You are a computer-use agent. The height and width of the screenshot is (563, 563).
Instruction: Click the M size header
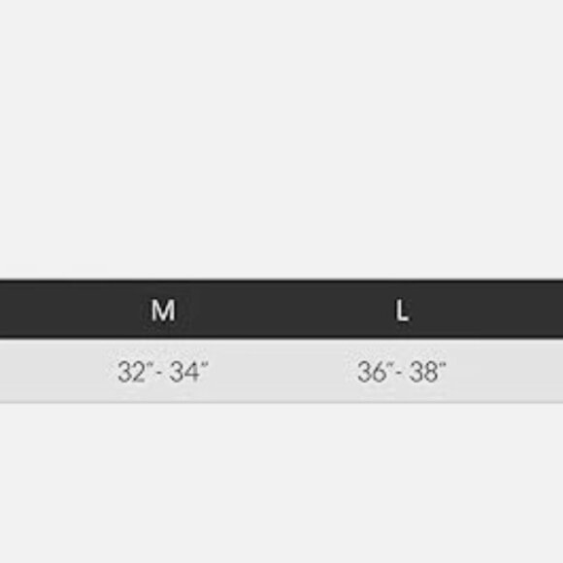(x=163, y=311)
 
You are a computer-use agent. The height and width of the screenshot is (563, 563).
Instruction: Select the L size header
(x=402, y=311)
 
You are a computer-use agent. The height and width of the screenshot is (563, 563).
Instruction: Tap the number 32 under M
(x=131, y=372)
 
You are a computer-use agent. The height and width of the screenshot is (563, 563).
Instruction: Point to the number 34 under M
(x=183, y=372)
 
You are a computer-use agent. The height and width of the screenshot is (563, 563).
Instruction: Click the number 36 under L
(x=371, y=372)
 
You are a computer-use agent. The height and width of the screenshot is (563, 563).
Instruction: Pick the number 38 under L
(x=423, y=372)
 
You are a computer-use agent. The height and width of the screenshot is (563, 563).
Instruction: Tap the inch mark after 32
(x=149, y=364)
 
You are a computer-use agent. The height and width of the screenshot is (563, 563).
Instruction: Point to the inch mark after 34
(x=204, y=364)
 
